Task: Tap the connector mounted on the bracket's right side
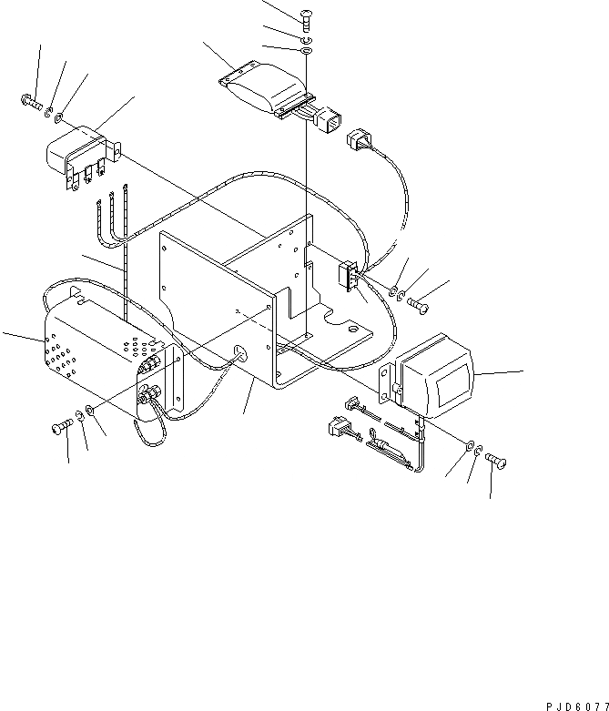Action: (348, 275)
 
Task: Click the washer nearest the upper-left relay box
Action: (59, 117)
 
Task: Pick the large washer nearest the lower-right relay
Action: (467, 445)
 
